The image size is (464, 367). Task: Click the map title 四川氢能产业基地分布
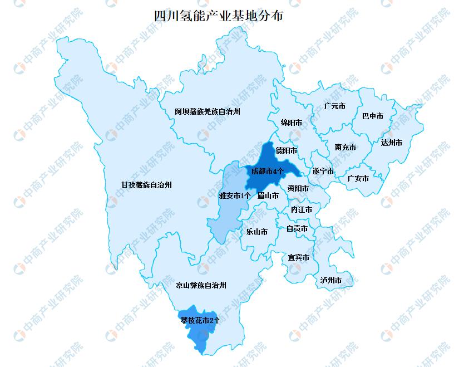pos(218,16)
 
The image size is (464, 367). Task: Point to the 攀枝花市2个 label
pos(200,320)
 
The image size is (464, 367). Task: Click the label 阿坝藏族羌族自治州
pos(207,112)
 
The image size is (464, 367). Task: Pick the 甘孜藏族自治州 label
pos(146,185)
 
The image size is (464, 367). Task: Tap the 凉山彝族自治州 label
pos(201,285)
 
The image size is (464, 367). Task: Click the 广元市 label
pos(334,106)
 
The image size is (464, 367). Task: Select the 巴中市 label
pos(373,116)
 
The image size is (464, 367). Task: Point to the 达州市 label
pos(392,143)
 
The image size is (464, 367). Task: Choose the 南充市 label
pos(345,147)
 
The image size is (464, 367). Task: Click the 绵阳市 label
pos(292,122)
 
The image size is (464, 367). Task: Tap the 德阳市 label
pos(287,150)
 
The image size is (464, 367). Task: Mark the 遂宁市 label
pos(323,171)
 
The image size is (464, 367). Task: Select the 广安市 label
pos(358,179)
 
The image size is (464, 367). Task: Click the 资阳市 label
pos(298,188)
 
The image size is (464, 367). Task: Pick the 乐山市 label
pos(256,232)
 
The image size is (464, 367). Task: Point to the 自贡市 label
pos(297,228)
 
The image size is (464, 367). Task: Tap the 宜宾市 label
pos(298,257)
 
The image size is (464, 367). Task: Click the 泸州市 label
pos(330,280)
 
